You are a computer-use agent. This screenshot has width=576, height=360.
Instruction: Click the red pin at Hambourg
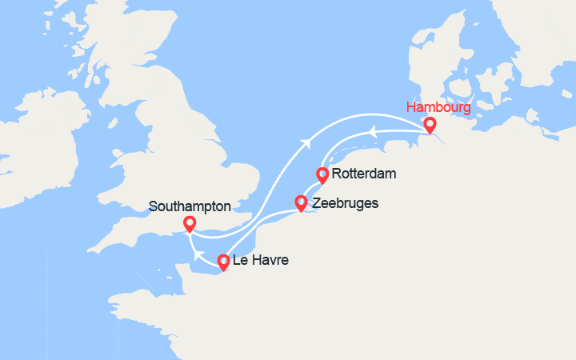[x=430, y=125]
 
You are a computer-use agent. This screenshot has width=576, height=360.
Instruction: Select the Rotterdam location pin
[x=322, y=174]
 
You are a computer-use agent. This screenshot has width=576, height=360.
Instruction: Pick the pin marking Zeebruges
[x=301, y=203]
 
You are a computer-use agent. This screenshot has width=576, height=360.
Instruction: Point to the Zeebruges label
[x=345, y=203]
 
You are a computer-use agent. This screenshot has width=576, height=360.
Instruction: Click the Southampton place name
[x=190, y=206]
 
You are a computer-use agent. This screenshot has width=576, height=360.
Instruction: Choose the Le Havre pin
[x=223, y=261]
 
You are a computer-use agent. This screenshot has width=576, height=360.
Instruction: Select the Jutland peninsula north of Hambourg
[x=424, y=56]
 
